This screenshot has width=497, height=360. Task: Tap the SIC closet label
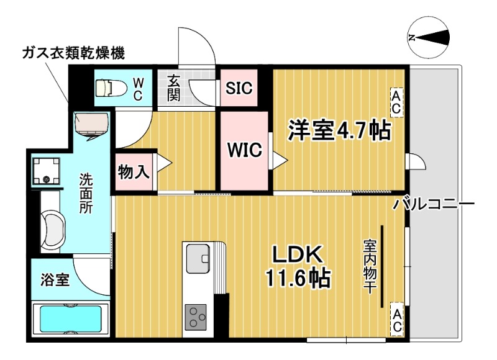239,88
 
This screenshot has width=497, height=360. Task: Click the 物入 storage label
134,172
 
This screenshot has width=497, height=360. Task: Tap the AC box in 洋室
396,101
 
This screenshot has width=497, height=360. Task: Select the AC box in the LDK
396,318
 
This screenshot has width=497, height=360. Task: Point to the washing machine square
47,170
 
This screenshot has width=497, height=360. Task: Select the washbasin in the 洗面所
52,230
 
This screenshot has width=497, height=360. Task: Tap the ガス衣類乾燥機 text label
73,53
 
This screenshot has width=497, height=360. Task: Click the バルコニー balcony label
434,205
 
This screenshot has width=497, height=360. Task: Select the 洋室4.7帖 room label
338,131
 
